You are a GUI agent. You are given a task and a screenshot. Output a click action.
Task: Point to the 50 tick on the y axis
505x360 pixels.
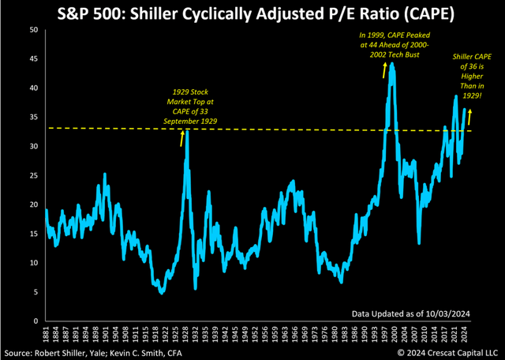32,30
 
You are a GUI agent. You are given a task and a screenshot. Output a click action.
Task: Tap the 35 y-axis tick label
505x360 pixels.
32,118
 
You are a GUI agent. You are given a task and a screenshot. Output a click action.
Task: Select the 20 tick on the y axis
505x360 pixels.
32,204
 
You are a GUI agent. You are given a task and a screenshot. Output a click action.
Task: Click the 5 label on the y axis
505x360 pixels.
34,292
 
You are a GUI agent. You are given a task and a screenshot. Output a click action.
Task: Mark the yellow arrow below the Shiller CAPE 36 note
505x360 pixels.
471,116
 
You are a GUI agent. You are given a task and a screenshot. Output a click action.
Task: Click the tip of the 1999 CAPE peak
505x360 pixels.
392,66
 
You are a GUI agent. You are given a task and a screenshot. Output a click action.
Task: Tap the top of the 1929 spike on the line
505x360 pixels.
187,131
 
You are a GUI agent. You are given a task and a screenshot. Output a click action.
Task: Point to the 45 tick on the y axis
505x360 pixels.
32,59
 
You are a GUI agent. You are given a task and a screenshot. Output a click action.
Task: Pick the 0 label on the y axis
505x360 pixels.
34,321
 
